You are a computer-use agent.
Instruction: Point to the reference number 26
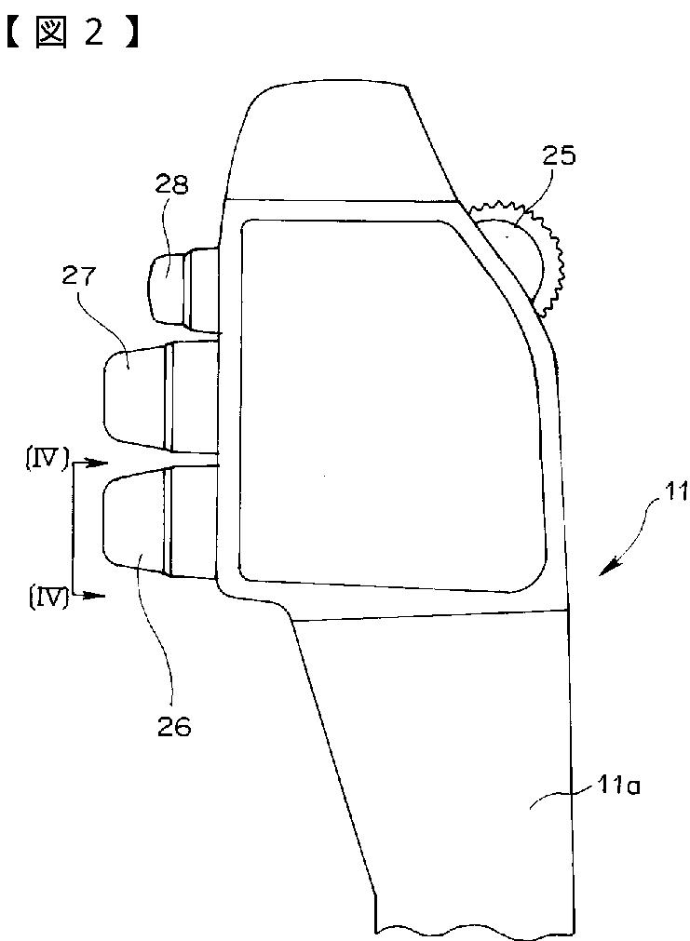tap(174, 727)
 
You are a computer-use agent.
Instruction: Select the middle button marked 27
tap(135, 396)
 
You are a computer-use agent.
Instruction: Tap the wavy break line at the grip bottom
tap(470, 929)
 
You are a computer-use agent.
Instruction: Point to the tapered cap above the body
tap(335, 140)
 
